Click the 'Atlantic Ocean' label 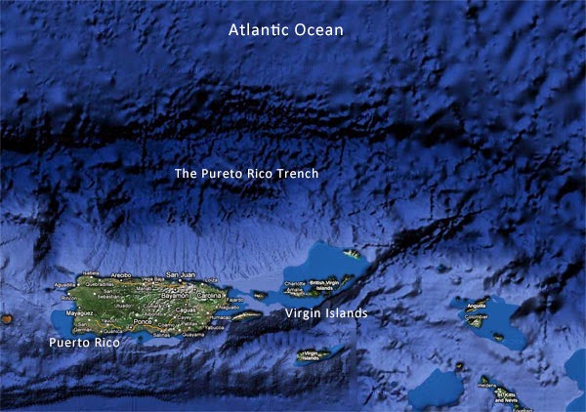click(x=286, y=30)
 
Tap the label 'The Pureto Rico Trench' click(x=246, y=174)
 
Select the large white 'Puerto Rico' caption click(x=83, y=344)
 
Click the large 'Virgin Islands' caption click(x=326, y=314)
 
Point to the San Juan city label click(x=183, y=275)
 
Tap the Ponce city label click(x=145, y=320)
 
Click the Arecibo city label click(x=121, y=276)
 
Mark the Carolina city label click(x=209, y=294)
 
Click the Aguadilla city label click(x=65, y=284)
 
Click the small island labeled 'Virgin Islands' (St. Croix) click(x=311, y=355)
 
